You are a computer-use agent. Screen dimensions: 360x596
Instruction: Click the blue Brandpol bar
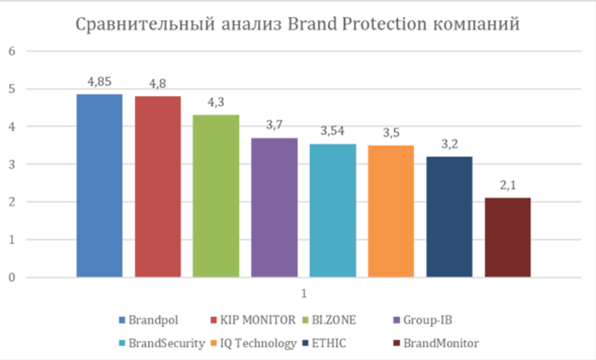(99, 185)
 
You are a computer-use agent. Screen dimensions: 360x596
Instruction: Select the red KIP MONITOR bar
(158, 186)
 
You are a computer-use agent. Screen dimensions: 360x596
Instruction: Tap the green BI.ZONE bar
(216, 196)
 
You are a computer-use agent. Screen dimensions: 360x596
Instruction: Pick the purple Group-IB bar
(274, 207)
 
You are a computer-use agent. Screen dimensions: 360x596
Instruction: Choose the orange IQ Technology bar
(391, 211)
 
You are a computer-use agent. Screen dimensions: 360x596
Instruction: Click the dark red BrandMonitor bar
(508, 237)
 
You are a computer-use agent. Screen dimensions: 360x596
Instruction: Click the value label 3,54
(333, 131)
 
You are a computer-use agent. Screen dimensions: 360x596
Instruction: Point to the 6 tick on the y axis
(11, 52)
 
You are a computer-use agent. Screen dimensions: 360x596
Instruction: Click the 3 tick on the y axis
(11, 164)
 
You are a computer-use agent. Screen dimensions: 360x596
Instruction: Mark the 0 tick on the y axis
(11, 277)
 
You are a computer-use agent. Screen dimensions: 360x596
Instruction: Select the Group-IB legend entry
(426, 320)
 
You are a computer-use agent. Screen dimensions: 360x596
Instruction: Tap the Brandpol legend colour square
(122, 320)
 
